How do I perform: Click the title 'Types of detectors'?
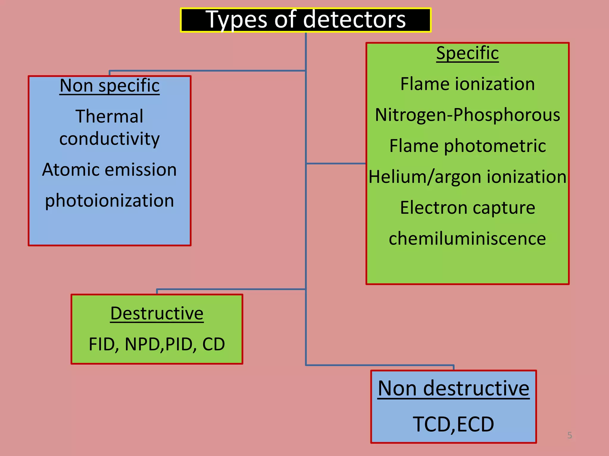[x=305, y=20]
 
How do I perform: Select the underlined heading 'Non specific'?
[x=109, y=86]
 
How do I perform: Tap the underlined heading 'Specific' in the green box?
[x=467, y=53]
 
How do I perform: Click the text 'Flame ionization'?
[x=467, y=84]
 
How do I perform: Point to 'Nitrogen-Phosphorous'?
[x=467, y=115]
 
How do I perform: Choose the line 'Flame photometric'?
[x=467, y=146]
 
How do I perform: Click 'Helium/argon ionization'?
[x=467, y=177]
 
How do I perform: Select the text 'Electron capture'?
[x=467, y=208]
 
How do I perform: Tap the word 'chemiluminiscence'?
[x=467, y=238]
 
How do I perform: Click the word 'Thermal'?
[x=109, y=116]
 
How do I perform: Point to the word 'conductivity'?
[x=109, y=139]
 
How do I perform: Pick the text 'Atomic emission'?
[x=109, y=170]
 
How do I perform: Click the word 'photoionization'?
[x=109, y=200]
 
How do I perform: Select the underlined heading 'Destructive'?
[x=157, y=313]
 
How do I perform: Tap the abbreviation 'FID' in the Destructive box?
[x=103, y=344]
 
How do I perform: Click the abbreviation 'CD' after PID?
[x=214, y=344]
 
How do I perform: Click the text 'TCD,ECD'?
[x=453, y=424]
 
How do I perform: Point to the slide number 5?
[x=569, y=435]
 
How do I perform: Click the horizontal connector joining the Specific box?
[x=336, y=163]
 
